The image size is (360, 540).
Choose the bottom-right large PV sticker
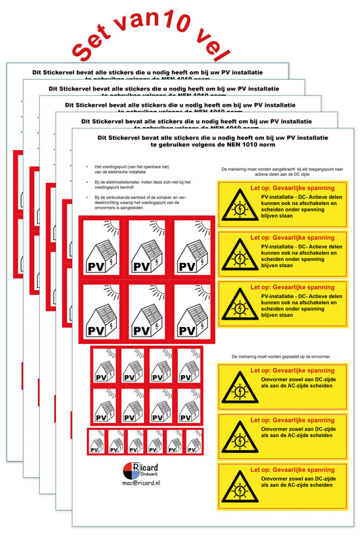pos(190,311)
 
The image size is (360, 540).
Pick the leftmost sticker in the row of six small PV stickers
pos(97,443)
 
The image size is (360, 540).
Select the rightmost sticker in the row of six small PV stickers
pos(195,443)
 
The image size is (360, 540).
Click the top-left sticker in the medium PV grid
pos(105,366)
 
